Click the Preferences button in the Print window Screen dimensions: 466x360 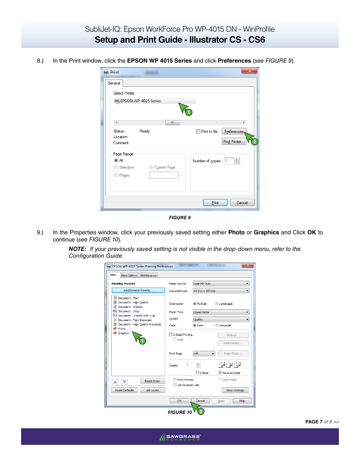click(234, 132)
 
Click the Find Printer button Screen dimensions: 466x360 click(234, 141)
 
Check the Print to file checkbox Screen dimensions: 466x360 click(198, 131)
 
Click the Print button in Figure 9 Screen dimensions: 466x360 click(215, 203)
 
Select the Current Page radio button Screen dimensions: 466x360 click(151, 168)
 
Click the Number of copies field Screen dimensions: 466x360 click(229, 161)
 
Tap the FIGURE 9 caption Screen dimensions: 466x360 click(180, 218)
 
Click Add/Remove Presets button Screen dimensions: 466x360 click(138, 290)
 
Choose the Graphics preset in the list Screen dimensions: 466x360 click(123, 333)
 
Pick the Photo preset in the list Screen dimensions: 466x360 click(122, 329)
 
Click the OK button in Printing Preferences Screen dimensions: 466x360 click(179, 401)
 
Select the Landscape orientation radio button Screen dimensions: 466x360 click(217, 304)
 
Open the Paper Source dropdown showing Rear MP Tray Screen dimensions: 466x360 click(221, 284)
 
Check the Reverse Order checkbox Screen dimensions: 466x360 click(220, 373)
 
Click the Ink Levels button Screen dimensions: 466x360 click(152, 390)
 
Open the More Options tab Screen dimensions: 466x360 click(129, 275)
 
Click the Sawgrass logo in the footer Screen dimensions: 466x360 click(180, 437)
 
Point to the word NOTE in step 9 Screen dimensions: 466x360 click(77, 249)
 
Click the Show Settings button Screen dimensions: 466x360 click(235, 390)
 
